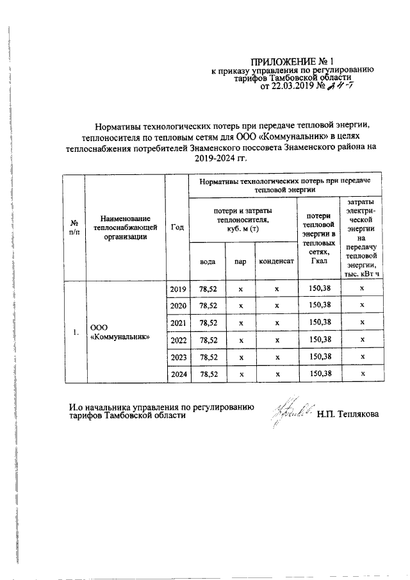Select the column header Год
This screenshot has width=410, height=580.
(x=177, y=227)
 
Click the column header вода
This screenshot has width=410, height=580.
(x=207, y=261)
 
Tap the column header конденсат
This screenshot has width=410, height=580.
(x=277, y=261)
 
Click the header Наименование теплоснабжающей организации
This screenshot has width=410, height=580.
(x=124, y=227)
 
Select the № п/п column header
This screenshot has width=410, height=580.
(x=74, y=227)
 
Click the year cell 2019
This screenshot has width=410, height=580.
(x=177, y=290)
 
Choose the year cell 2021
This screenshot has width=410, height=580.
(x=177, y=323)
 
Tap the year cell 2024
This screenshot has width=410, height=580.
(x=177, y=373)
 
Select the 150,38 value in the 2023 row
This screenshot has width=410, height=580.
(x=319, y=356)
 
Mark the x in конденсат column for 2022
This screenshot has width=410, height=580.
(x=277, y=340)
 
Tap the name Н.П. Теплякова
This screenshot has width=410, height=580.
(x=347, y=415)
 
